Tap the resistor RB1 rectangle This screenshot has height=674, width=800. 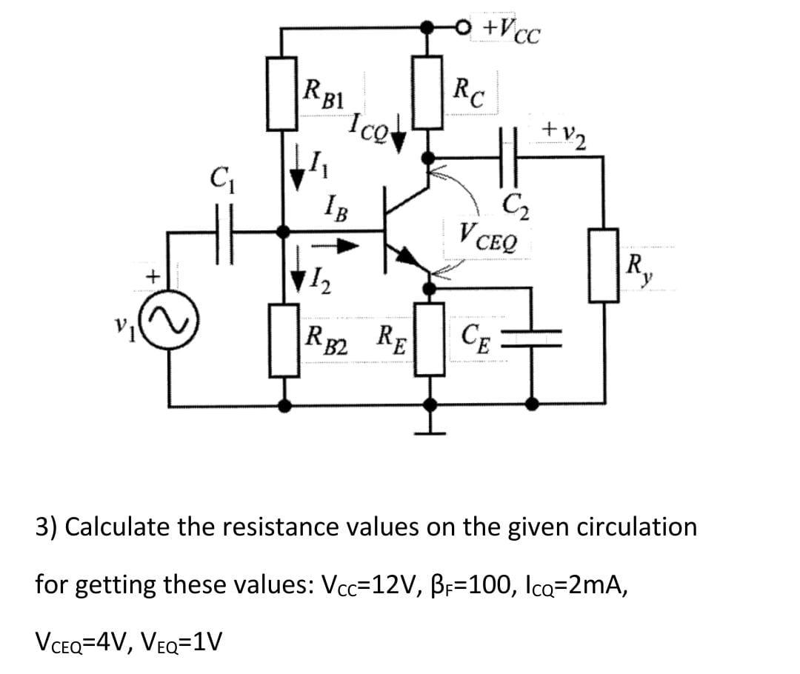point(283,93)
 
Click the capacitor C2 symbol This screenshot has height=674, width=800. point(511,156)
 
